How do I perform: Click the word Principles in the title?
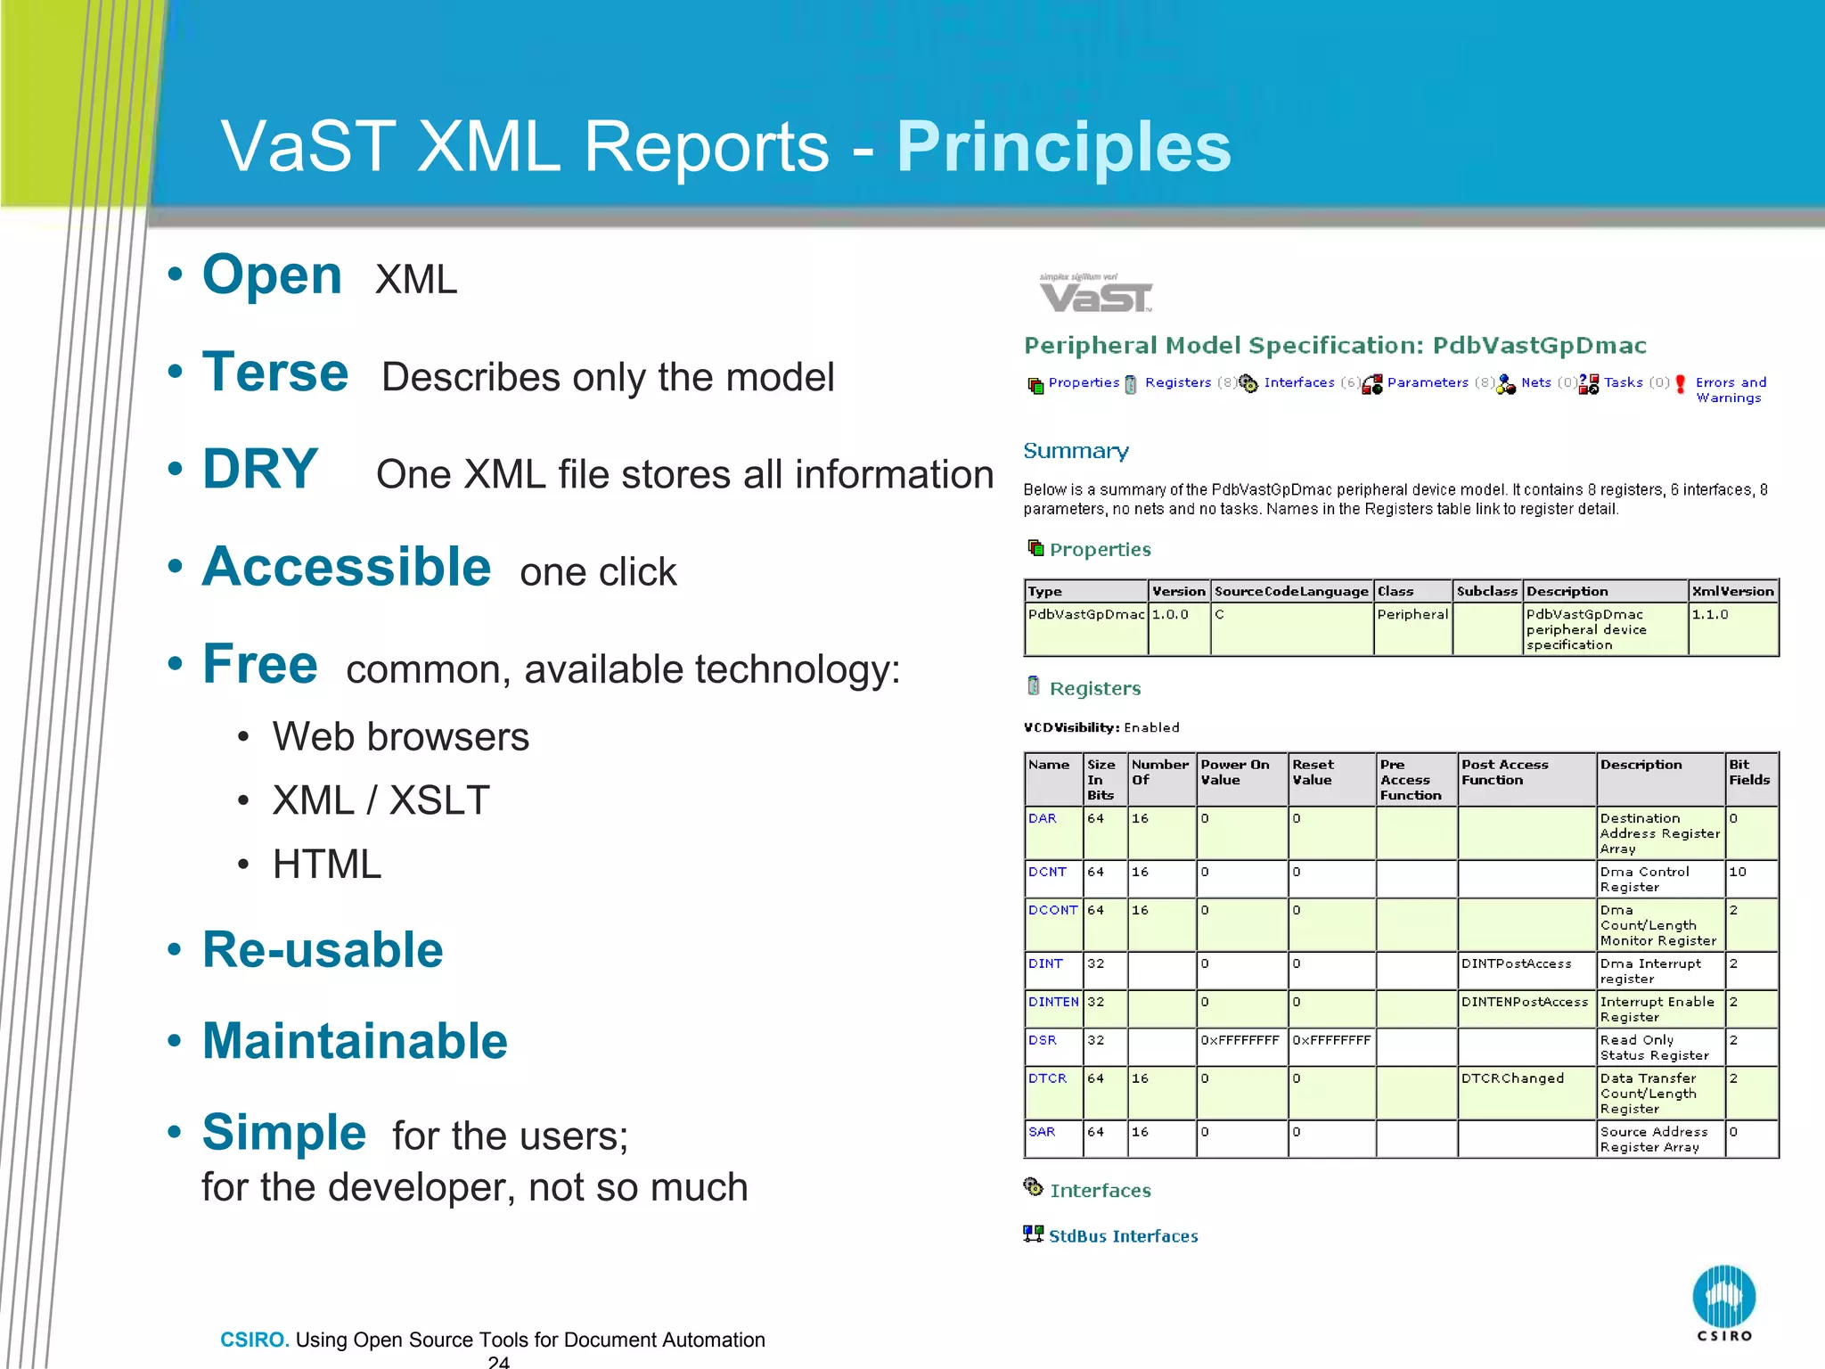[x=1063, y=147]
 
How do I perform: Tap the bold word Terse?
[x=275, y=372]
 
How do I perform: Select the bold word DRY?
[x=260, y=469]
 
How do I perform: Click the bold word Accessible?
[x=347, y=567]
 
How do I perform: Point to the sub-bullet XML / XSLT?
[x=381, y=800]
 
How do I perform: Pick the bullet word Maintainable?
[x=355, y=1040]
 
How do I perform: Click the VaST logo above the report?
[x=1095, y=294]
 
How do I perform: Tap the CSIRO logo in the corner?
[x=1723, y=1302]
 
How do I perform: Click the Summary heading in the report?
[x=1076, y=451]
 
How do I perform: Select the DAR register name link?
[x=1042, y=818]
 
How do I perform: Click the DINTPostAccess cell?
[x=1516, y=963]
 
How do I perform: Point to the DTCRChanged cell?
[x=1512, y=1078]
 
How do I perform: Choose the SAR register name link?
[x=1041, y=1132]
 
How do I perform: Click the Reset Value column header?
[x=1313, y=772]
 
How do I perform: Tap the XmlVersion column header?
[x=1732, y=591]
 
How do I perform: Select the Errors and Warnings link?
[x=1730, y=389]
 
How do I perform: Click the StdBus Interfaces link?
[x=1123, y=1236]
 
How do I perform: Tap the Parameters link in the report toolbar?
[x=1427, y=382]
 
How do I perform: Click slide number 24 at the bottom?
[x=498, y=1361]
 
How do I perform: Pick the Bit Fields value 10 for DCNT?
[x=1738, y=872]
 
